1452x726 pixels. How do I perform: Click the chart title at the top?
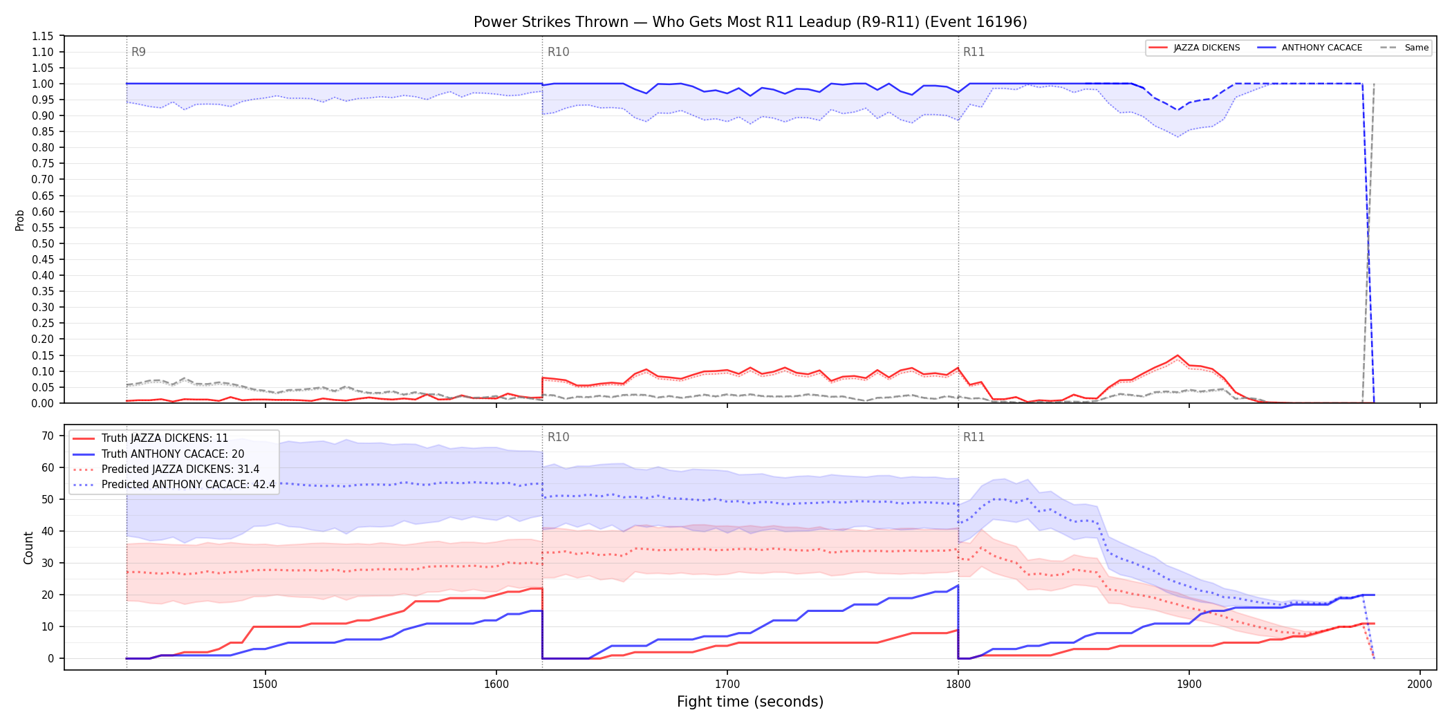click(x=750, y=22)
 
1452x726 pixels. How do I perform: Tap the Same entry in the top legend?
click(x=1404, y=48)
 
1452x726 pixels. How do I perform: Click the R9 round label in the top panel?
click(x=138, y=52)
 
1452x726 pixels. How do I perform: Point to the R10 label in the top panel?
click(x=558, y=52)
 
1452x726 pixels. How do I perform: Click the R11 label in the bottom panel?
click(x=974, y=437)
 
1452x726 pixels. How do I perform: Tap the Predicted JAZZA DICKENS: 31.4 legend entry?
click(x=166, y=469)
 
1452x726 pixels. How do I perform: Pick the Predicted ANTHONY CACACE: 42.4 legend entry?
click(x=174, y=485)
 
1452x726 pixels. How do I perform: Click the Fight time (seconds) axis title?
click(x=750, y=702)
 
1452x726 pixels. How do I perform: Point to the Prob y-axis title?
click(x=20, y=220)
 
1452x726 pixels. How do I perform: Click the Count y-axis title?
click(x=28, y=548)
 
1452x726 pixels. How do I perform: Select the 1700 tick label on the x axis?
click(x=727, y=684)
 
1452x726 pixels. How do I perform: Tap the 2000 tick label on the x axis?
click(x=1420, y=684)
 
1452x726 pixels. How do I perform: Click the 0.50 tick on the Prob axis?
click(x=43, y=243)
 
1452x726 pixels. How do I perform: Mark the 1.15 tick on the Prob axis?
click(x=43, y=36)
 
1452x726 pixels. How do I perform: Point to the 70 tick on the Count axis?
click(x=48, y=436)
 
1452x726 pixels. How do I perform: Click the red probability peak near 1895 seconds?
click(x=1177, y=355)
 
